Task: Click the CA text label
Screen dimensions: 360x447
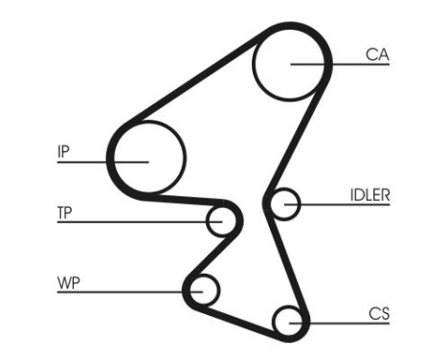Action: click(377, 56)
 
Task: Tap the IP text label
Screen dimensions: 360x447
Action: click(63, 151)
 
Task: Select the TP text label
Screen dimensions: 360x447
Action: click(66, 212)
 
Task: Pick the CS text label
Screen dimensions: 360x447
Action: click(378, 312)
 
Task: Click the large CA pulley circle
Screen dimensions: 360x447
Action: click(290, 62)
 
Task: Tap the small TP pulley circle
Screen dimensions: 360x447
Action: click(222, 220)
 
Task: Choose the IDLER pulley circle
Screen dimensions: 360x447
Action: click(285, 203)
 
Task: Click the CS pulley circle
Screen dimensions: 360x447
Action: click(287, 320)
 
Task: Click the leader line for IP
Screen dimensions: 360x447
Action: click(96, 162)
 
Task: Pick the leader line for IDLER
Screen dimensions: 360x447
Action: click(335, 203)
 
